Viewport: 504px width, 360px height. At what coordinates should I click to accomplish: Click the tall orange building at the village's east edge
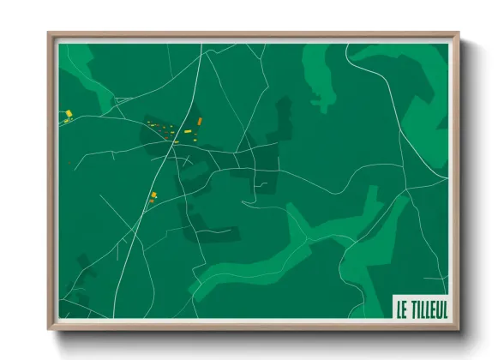coord(200,123)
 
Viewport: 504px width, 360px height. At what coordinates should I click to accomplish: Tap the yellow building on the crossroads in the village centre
coord(174,143)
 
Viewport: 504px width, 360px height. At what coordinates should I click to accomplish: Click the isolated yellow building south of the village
coord(154,196)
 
